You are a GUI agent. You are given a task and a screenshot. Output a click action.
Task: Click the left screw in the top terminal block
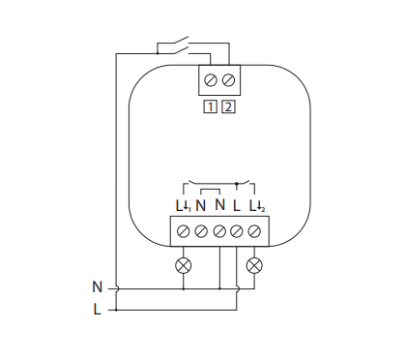pyautogui.click(x=213, y=79)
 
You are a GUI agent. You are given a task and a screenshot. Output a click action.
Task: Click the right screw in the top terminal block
pyautogui.click(x=228, y=79)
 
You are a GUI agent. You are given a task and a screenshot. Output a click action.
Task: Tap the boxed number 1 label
pyautogui.click(x=212, y=105)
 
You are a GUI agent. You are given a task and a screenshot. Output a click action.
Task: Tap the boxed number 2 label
pyautogui.click(x=228, y=105)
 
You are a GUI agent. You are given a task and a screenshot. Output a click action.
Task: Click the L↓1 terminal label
pyautogui.click(x=182, y=206)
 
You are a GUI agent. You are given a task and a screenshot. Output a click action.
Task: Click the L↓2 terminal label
pyautogui.click(x=256, y=206)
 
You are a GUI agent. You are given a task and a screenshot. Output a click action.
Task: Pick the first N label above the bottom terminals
pyautogui.click(x=200, y=206)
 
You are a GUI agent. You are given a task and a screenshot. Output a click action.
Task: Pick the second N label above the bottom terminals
pyautogui.click(x=219, y=206)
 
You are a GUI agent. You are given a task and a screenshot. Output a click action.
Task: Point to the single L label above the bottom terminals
pyautogui.click(x=237, y=206)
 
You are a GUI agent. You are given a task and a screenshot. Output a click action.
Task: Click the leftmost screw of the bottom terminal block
pyautogui.click(x=182, y=231)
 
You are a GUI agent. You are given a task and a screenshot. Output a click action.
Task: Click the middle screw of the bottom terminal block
pyautogui.click(x=218, y=231)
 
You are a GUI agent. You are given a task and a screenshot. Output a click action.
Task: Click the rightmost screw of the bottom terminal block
pyautogui.click(x=255, y=231)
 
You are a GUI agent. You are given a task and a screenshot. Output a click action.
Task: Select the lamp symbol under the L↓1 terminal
pyautogui.click(x=182, y=264)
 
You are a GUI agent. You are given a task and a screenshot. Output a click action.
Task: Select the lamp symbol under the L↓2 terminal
pyautogui.click(x=255, y=264)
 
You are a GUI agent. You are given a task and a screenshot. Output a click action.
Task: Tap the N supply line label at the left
pyautogui.click(x=97, y=287)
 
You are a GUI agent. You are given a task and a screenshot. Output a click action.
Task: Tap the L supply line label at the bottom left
pyautogui.click(x=97, y=310)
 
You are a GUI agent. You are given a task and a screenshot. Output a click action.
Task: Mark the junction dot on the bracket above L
pyautogui.click(x=237, y=184)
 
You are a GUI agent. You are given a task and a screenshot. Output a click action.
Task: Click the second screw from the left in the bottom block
pyautogui.click(x=200, y=231)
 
